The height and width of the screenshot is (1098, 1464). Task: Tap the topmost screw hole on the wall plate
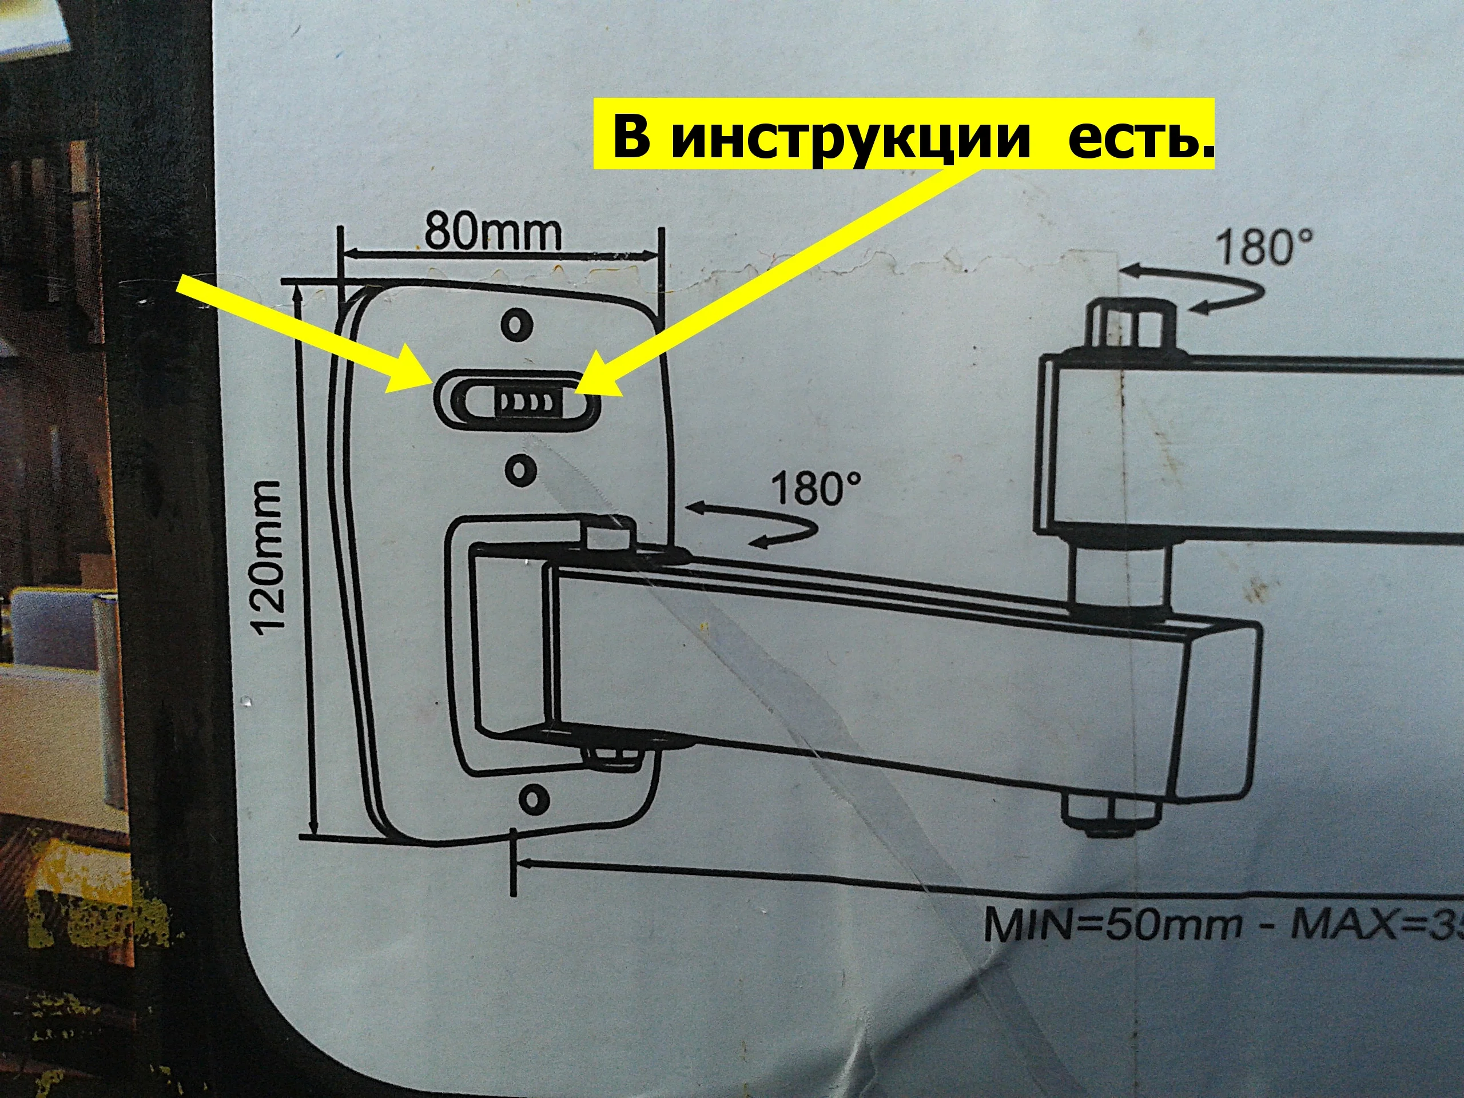click(x=518, y=324)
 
